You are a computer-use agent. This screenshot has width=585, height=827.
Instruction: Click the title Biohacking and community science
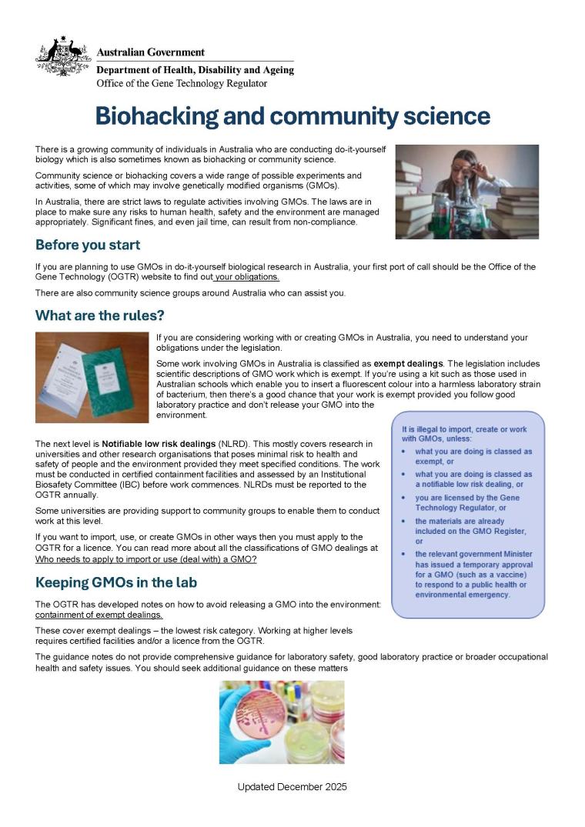[x=292, y=115]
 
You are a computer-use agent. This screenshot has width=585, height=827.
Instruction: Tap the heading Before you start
[x=88, y=245]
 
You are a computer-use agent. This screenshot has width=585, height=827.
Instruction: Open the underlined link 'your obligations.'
[x=247, y=277]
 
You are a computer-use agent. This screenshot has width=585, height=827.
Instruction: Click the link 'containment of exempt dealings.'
[x=99, y=615]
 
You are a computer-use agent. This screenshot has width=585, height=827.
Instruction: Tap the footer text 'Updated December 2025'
[x=292, y=787]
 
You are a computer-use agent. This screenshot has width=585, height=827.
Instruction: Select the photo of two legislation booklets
[x=92, y=377]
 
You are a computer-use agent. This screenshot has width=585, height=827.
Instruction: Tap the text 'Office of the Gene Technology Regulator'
[x=182, y=83]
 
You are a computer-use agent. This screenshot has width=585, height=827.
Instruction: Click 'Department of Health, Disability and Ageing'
[x=195, y=70]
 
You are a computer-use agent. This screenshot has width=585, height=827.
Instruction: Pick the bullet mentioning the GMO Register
[x=470, y=531]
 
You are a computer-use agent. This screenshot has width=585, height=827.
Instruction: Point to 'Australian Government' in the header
[x=151, y=52]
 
